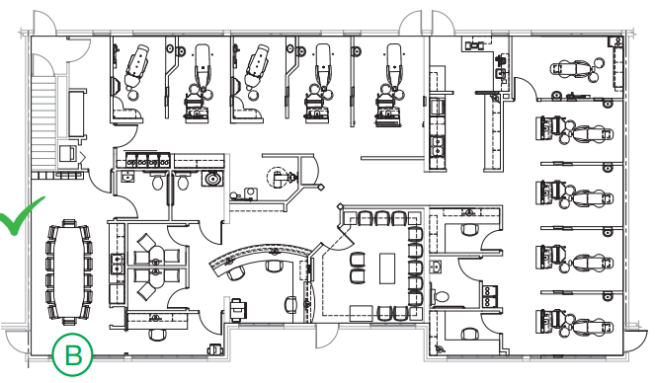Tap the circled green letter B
[x=72, y=355]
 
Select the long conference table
[x=69, y=272]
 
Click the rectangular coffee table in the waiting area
[x=387, y=268]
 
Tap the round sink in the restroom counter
[x=212, y=180]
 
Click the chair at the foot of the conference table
[x=69, y=321]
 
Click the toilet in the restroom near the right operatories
[x=441, y=296]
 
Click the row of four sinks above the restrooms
[x=148, y=160]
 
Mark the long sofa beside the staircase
[x=77, y=114]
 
